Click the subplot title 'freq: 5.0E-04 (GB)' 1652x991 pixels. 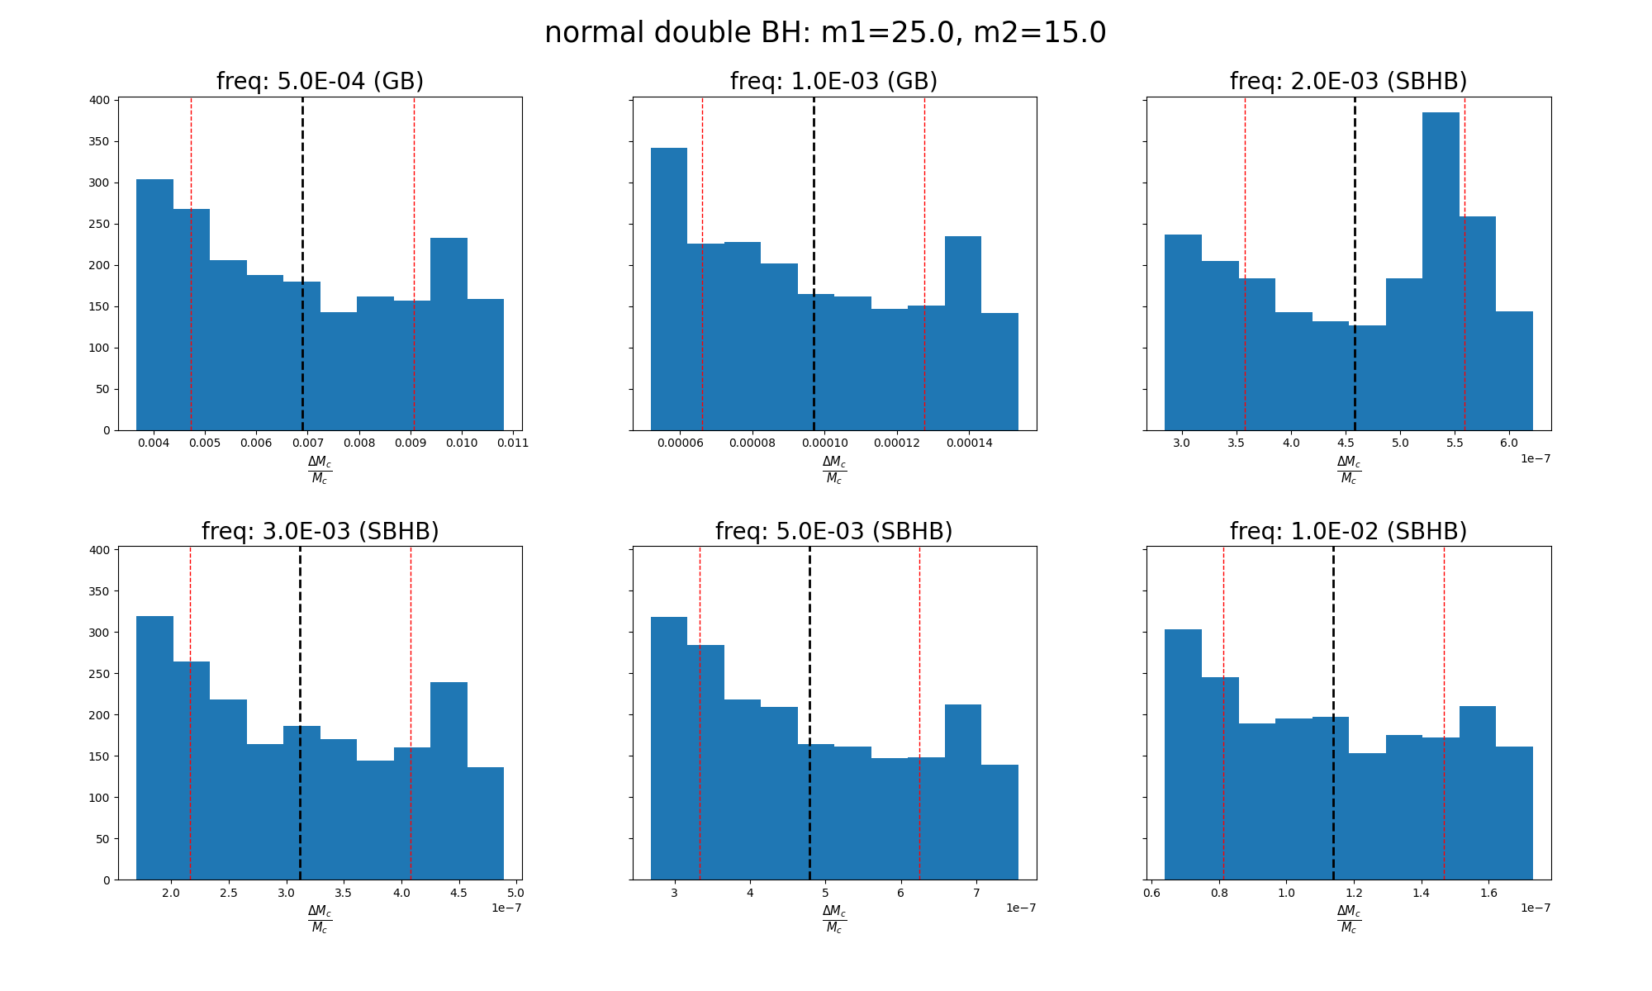point(320,82)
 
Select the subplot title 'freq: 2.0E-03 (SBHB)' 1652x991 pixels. point(1348,82)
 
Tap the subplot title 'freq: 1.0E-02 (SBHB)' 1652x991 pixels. point(1348,532)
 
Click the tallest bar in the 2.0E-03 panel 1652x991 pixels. point(1441,273)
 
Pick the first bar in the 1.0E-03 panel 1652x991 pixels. point(669,289)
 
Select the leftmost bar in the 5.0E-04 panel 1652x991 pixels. point(154,306)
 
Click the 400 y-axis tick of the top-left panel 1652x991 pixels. point(100,100)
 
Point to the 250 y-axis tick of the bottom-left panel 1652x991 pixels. point(100,674)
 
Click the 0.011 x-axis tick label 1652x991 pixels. point(513,443)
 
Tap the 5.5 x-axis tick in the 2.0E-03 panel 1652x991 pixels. point(1455,443)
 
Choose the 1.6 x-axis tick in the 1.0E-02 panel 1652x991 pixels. point(1488,893)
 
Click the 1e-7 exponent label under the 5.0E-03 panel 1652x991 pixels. point(1021,908)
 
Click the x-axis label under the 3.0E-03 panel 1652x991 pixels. point(320,919)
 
